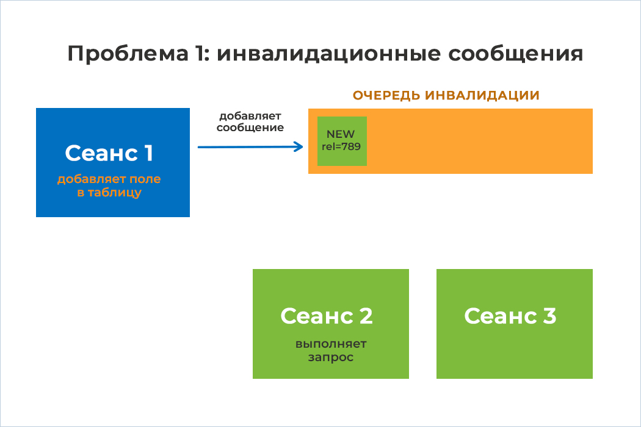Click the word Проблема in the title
point(128,54)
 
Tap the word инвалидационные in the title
point(328,54)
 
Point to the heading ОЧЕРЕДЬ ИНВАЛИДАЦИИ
point(446,95)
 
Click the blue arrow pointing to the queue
point(250,147)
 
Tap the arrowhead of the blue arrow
point(299,147)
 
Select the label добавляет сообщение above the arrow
point(250,122)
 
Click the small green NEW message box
point(342,141)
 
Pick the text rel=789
point(341,146)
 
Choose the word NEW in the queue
point(341,134)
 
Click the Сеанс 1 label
point(109,153)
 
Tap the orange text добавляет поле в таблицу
point(109,186)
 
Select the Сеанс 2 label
point(326,316)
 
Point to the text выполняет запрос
point(331,351)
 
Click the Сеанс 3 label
point(510,316)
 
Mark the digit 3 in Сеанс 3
point(550,316)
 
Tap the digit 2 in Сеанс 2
point(366,316)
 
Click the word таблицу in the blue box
point(115,193)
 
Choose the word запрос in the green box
point(331,357)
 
